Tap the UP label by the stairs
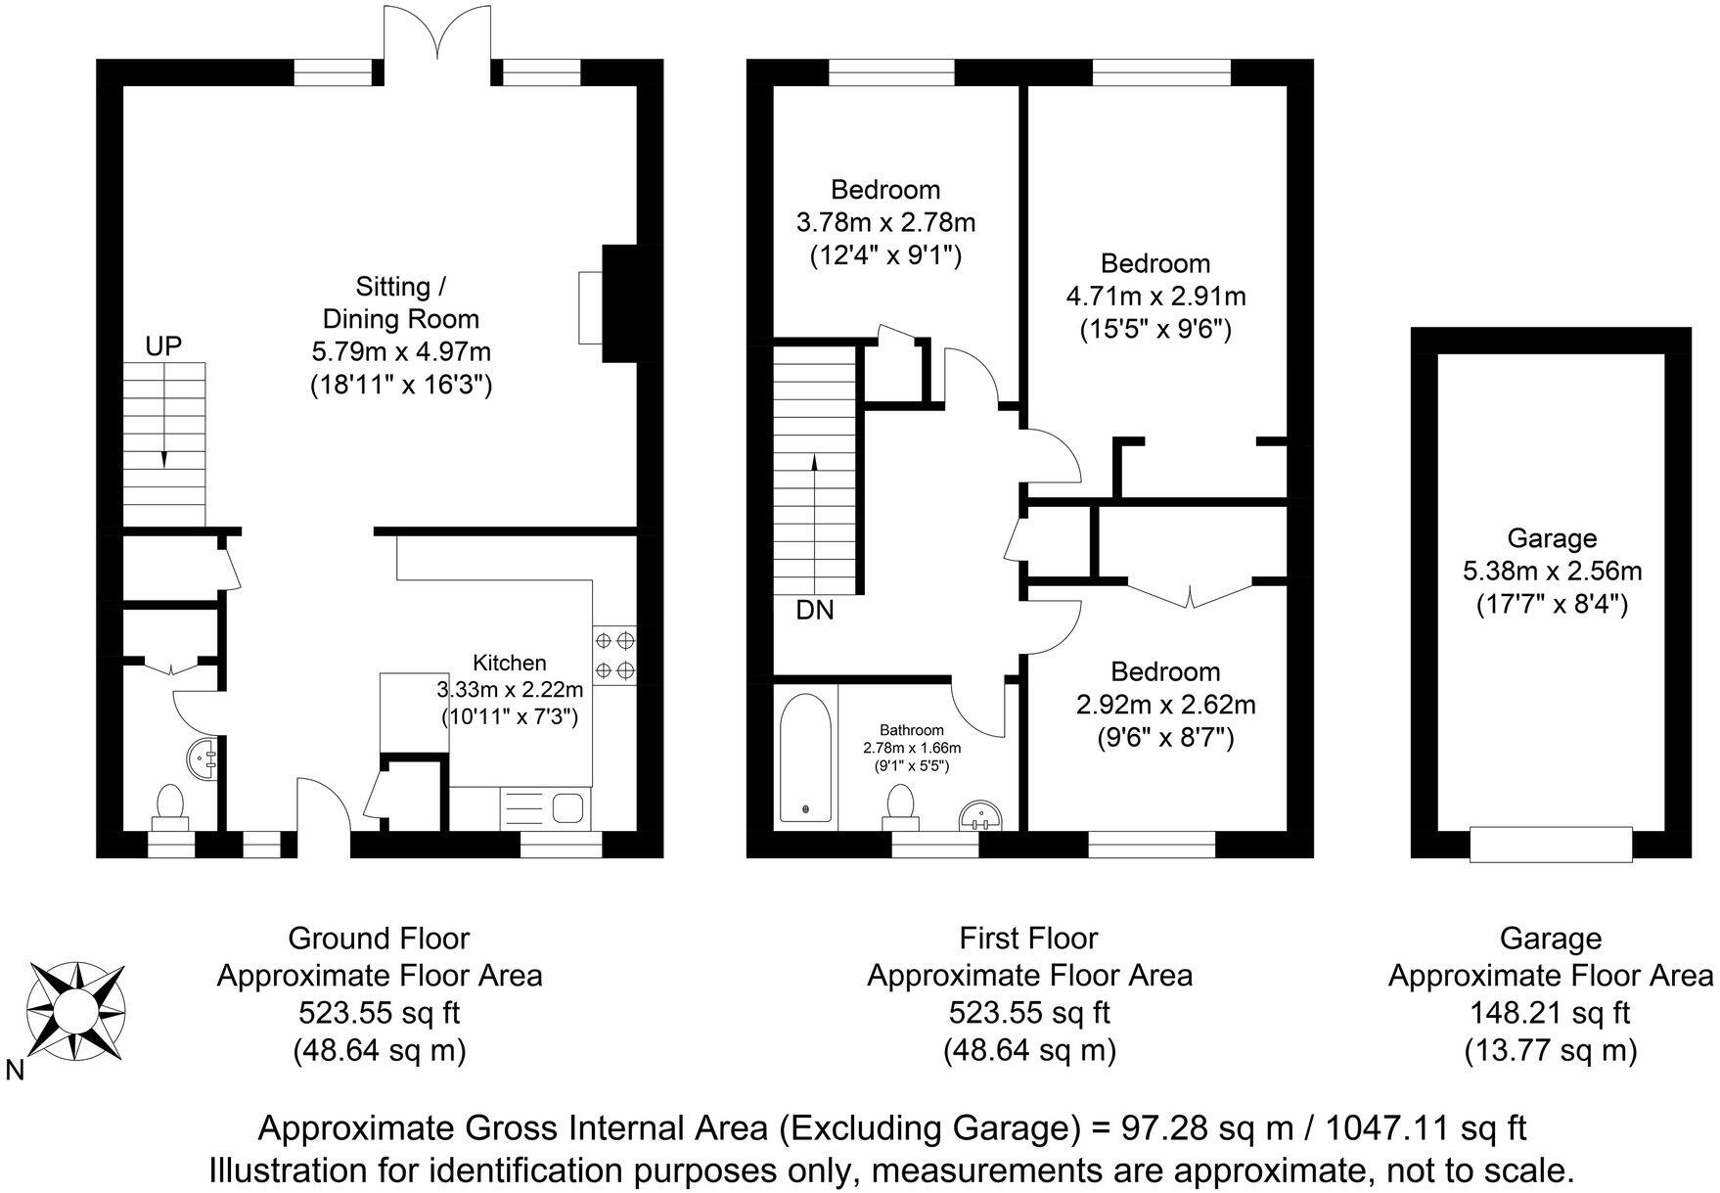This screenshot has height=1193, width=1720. pyautogui.click(x=163, y=345)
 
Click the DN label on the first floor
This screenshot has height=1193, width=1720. pyautogui.click(x=814, y=611)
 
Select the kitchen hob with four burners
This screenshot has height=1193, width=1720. pyautogui.click(x=614, y=655)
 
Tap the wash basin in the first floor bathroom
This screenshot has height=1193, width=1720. pyautogui.click(x=981, y=814)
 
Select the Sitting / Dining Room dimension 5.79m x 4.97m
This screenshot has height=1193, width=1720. pyautogui.click(x=400, y=351)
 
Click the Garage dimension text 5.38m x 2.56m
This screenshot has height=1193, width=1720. pyautogui.click(x=1551, y=571)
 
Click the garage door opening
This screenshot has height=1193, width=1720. pyautogui.click(x=1551, y=845)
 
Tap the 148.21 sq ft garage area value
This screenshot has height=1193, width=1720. pyautogui.click(x=1551, y=1012)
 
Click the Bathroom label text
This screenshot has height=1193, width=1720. pyautogui.click(x=911, y=730)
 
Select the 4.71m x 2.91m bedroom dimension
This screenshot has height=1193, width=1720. pyautogui.click(x=1154, y=296)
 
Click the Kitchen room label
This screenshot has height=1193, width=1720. pyautogui.click(x=509, y=663)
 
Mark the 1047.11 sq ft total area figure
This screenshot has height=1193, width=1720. pyautogui.click(x=1425, y=1128)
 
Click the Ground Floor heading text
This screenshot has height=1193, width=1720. pyautogui.click(x=379, y=939)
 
